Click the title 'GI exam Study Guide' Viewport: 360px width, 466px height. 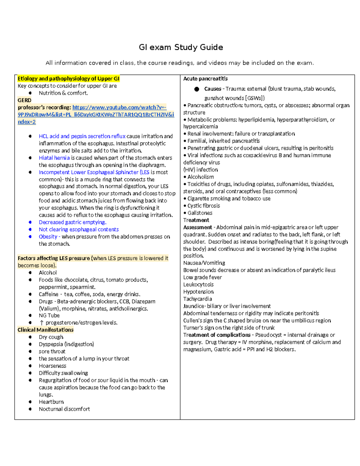point(181,47)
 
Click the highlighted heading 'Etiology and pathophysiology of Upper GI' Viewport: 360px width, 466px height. point(68,79)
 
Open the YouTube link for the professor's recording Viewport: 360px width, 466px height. point(96,115)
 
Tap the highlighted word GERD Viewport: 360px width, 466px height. point(24,100)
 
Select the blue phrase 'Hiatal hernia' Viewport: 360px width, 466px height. point(54,158)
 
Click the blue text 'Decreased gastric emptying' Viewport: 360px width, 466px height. point(72,222)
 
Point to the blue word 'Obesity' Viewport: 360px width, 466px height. point(48,237)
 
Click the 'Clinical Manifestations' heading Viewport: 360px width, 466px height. point(45,330)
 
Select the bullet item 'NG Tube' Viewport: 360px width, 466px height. point(49,315)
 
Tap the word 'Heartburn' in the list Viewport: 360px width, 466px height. point(51,402)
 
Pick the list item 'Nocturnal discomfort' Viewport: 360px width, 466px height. point(64,409)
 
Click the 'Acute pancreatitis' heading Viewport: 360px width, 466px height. point(205,79)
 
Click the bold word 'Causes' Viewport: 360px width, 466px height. point(212,89)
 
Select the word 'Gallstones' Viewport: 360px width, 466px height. point(200,213)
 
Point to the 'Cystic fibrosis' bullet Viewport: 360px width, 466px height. point(203,206)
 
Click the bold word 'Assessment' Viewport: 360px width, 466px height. point(197,227)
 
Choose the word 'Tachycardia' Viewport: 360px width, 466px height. point(197,299)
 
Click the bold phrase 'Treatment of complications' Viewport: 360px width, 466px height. point(217,335)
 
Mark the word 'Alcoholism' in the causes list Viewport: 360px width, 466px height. point(200,177)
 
